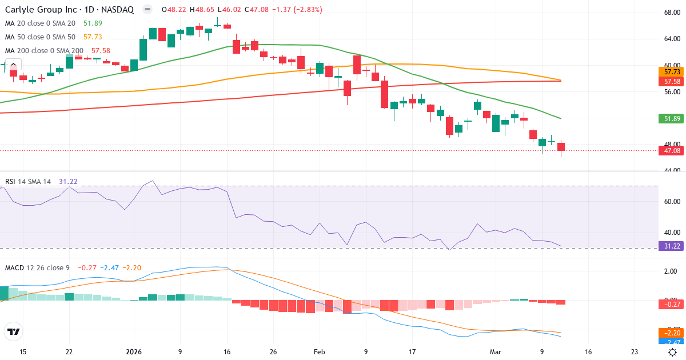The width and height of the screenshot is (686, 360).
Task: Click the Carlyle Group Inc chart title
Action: click(69, 10)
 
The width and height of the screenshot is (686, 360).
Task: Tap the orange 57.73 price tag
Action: click(672, 72)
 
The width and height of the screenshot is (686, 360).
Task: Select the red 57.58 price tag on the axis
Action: click(672, 81)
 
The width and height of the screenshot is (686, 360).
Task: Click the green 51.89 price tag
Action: click(672, 119)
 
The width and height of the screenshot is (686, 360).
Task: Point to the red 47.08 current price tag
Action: click(672, 151)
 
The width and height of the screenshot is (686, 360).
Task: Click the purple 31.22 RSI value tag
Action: click(672, 246)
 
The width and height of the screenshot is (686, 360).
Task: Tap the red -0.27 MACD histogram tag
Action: click(672, 305)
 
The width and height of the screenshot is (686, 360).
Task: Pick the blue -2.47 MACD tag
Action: click(672, 341)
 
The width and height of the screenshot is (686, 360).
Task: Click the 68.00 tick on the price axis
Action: click(672, 13)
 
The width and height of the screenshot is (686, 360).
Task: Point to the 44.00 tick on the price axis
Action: click(672, 170)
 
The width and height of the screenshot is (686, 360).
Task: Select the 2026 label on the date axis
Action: click(133, 352)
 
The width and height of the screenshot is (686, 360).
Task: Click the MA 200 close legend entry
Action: click(45, 51)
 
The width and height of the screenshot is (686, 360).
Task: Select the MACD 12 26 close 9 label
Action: click(38, 268)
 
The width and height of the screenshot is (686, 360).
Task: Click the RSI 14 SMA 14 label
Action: click(28, 182)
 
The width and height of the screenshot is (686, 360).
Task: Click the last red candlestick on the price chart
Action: click(561, 147)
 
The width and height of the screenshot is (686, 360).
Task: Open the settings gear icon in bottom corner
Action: click(672, 352)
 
